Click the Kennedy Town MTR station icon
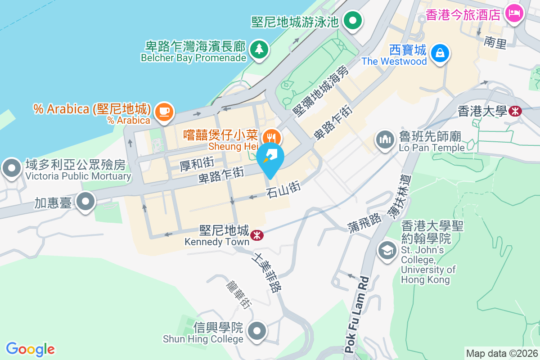click(257, 235)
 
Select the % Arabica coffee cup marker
click(164, 112)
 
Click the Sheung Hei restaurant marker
click(270, 136)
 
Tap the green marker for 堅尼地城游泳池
click(353, 20)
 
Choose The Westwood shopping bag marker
click(439, 53)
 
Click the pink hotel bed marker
click(513, 13)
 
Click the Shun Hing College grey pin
click(257, 332)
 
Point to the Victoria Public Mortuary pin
click(11, 168)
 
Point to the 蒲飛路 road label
click(364, 220)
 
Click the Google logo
click(31, 349)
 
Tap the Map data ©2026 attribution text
click(501, 353)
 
